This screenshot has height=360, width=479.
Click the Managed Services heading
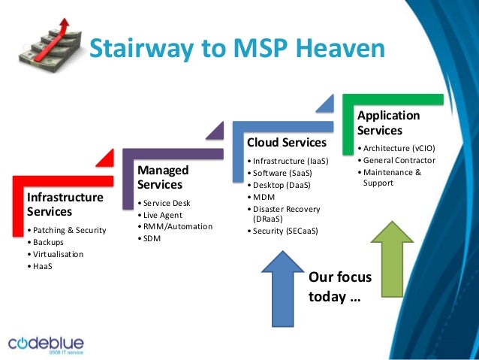(x=163, y=177)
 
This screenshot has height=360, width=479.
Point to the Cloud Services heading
(x=286, y=142)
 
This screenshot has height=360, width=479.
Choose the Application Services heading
(x=389, y=123)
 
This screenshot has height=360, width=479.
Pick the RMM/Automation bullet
(x=176, y=226)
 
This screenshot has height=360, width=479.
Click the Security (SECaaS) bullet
(x=285, y=231)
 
